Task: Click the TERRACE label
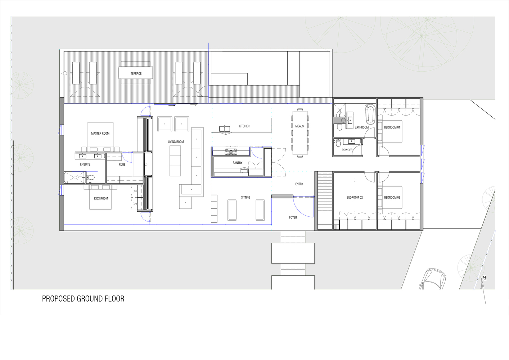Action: click(x=136, y=73)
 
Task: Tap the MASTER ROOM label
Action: click(x=100, y=134)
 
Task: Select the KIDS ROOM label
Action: click(x=101, y=198)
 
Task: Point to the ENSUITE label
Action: click(x=85, y=164)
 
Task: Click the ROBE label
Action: click(x=122, y=164)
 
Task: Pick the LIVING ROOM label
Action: click(x=176, y=141)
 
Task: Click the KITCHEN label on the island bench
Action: click(x=244, y=126)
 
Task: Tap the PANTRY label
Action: click(x=238, y=163)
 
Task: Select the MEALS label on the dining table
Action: click(x=299, y=126)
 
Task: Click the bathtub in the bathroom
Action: click(x=370, y=114)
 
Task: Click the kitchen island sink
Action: click(x=225, y=129)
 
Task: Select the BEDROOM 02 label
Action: click(x=355, y=198)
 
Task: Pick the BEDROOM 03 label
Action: click(x=392, y=198)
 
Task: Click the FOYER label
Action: click(x=293, y=217)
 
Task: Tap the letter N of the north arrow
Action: click(x=485, y=278)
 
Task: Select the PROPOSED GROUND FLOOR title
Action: click(x=83, y=299)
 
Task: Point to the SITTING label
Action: click(x=246, y=198)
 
